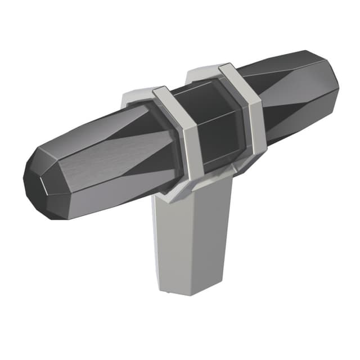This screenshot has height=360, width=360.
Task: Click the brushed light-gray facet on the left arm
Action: click(90, 163)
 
